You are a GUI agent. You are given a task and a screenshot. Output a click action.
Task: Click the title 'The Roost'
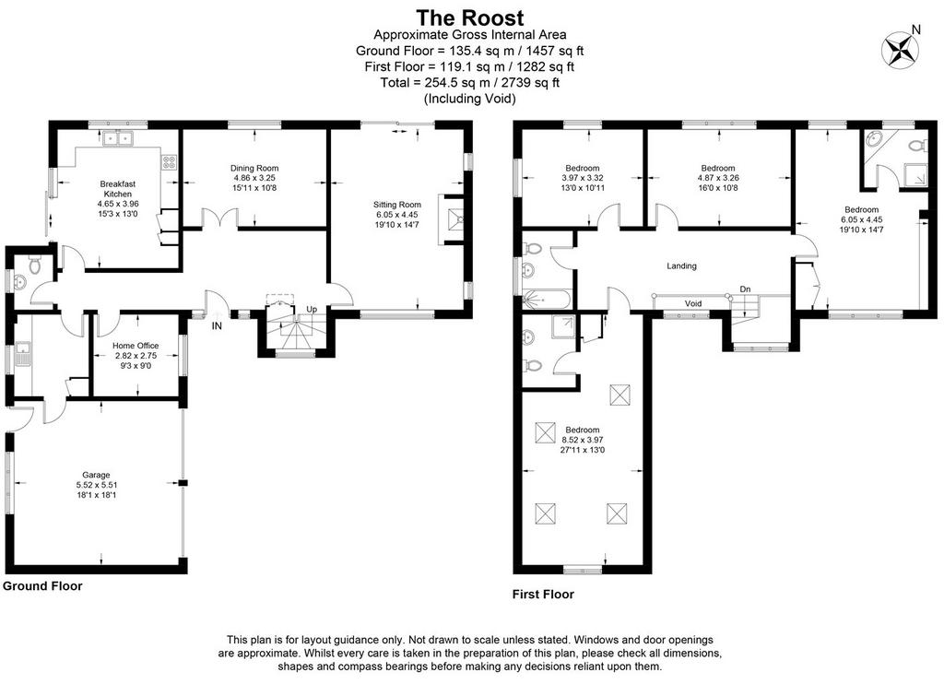point(469,18)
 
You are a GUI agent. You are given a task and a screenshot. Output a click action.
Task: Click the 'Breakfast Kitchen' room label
point(117,189)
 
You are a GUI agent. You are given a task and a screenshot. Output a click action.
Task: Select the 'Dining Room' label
point(254,168)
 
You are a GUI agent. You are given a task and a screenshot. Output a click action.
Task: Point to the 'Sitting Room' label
point(396,205)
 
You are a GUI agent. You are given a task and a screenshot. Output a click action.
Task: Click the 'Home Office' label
point(136,346)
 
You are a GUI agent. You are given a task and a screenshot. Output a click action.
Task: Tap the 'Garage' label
point(96,475)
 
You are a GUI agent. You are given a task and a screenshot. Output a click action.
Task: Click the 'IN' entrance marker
point(217,326)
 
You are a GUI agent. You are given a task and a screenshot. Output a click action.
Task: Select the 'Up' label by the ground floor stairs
point(312,310)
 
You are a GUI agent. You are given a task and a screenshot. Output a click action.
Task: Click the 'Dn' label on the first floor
point(745,289)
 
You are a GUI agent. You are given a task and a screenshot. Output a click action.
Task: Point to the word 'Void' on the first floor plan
point(693,303)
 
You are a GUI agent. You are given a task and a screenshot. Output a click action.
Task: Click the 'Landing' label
point(681,265)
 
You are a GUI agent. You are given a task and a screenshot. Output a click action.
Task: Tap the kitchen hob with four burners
point(170,162)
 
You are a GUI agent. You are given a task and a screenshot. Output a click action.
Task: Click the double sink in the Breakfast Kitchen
point(117,138)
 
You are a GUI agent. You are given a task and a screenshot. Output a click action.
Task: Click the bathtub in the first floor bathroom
point(546,299)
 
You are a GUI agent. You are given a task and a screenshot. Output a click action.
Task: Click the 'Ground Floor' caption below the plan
point(42,586)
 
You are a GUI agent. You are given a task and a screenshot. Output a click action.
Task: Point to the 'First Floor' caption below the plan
point(543,595)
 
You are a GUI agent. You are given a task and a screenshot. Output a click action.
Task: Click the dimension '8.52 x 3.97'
point(583,440)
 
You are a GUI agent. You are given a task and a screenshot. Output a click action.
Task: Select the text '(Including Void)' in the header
point(469,98)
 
